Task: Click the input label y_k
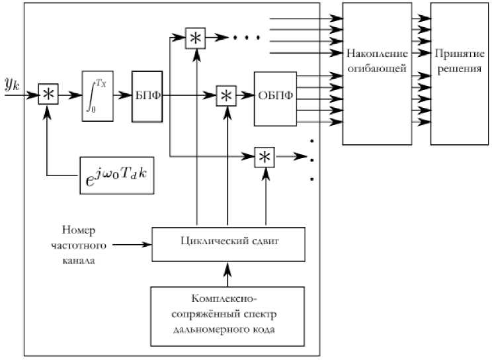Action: click(13, 83)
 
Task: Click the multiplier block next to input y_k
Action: click(48, 95)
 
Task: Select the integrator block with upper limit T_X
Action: click(98, 95)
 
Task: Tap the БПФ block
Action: click(146, 96)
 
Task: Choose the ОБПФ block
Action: click(276, 95)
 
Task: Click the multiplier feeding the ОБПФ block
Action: click(227, 95)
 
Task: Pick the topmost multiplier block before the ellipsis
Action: click(196, 38)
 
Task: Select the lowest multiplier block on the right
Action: click(265, 157)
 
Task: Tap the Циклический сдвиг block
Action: click(227, 243)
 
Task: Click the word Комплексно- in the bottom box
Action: click(229, 297)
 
